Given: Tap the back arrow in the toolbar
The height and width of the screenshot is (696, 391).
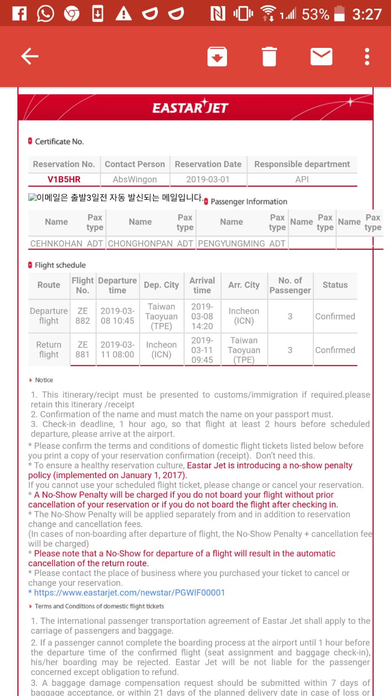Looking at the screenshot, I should click(30, 57).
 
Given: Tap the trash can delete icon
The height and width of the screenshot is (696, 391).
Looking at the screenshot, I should click(269, 57).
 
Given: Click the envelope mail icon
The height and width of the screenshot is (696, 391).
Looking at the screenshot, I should click(321, 57).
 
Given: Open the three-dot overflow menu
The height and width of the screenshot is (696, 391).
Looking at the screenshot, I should click(367, 57).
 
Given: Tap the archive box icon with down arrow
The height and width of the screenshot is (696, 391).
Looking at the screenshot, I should click(217, 57).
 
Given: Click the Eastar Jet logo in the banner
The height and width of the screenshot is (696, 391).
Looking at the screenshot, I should click(190, 107).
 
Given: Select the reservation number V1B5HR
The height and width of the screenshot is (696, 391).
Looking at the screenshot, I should click(64, 179).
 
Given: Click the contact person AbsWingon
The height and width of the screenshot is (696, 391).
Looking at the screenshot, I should click(135, 179).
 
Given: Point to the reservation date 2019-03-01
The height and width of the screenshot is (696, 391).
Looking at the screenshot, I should click(208, 179).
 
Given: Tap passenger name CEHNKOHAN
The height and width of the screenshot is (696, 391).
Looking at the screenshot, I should click(56, 243).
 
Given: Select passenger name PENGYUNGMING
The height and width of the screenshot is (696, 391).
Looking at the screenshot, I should click(231, 243).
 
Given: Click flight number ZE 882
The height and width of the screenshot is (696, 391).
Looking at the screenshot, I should click(83, 316).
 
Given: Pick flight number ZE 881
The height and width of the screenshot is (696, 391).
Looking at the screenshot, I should click(83, 350).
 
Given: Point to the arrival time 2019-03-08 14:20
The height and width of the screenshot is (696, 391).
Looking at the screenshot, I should click(202, 316).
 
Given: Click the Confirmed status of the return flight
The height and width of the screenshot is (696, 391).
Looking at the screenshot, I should click(335, 350).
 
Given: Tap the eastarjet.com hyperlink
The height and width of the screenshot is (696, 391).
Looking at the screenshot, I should click(129, 592).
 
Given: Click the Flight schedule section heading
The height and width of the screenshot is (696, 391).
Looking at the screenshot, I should click(60, 265).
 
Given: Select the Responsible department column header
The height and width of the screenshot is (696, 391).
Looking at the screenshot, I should click(302, 164).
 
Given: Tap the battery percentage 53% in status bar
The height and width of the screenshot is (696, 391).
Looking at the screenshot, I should click(315, 14).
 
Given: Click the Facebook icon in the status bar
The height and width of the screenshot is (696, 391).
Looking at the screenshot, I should click(19, 13).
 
